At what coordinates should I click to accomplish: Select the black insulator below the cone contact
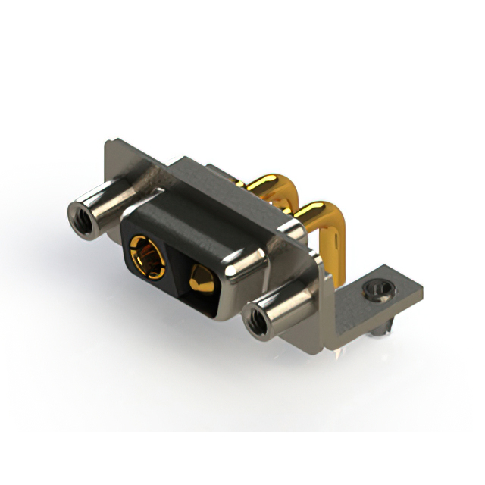(201, 299)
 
